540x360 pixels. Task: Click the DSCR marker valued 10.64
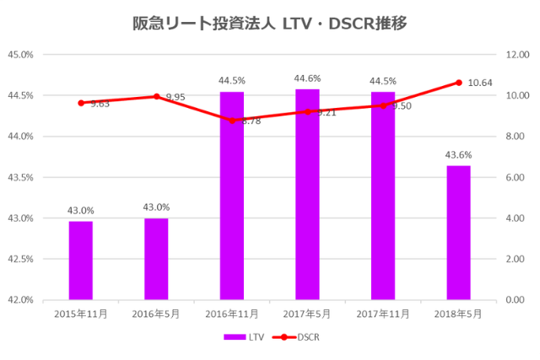coord(458,83)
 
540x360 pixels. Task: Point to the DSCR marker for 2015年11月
coord(81,103)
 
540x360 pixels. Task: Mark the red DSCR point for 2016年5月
coord(156,96)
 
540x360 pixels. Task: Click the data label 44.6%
coord(307,78)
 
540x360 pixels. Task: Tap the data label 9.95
coord(175,98)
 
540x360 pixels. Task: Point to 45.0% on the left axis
coord(20,54)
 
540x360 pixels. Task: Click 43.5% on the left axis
coord(20,177)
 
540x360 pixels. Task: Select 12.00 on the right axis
coord(516,54)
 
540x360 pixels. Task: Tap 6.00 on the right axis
coord(516,177)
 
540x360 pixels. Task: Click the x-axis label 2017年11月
coord(382,314)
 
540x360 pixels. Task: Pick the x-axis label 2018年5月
coord(458,314)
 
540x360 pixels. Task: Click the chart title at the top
coord(270,23)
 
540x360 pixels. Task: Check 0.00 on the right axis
coord(516,299)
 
